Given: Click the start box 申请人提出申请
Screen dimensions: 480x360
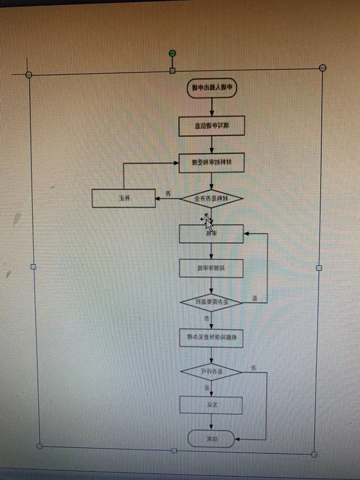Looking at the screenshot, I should tap(212, 88).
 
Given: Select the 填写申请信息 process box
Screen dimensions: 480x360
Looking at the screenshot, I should tap(211, 126).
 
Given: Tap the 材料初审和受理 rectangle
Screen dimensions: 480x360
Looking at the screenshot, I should tap(211, 162).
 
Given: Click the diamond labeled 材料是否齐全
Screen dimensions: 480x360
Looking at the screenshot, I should tap(211, 199).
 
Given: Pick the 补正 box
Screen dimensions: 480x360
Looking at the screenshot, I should tap(123, 198).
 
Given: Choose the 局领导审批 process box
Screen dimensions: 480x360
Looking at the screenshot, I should tap(211, 268).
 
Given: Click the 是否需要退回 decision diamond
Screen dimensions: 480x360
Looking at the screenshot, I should tap(211, 302).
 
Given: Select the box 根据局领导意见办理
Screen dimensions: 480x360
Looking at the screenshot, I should tap(211, 338).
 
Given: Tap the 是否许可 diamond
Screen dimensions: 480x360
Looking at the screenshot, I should tap(211, 371).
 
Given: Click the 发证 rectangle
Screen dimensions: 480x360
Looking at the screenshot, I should tap(210, 405).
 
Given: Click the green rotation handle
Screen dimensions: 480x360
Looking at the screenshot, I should tap(173, 53).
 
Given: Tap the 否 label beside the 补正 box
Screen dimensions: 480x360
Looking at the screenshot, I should tap(169, 194).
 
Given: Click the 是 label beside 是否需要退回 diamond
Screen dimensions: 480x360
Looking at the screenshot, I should tap(254, 298).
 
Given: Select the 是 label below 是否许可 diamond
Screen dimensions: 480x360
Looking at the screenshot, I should tap(206, 388).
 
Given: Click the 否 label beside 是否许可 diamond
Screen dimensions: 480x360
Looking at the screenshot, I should tap(254, 367).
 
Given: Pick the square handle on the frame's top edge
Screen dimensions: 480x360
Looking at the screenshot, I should tap(173, 70).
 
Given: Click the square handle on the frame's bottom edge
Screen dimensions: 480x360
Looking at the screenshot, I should tap(174, 450).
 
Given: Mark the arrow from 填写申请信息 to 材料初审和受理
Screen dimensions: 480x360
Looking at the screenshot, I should tap(211, 145).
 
